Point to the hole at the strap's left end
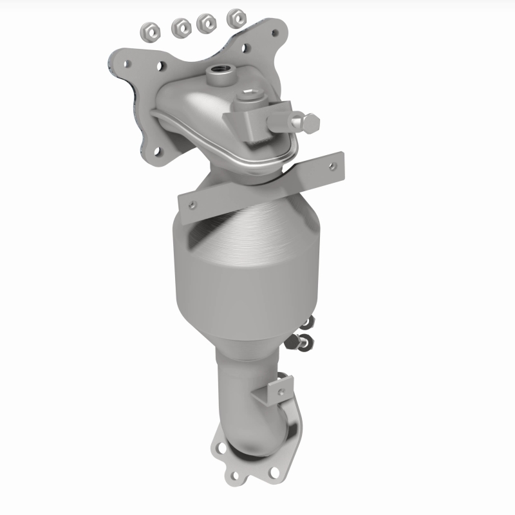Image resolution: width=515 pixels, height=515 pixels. point(191,205)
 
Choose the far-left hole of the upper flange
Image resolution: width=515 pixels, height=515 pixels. point(127,63)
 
